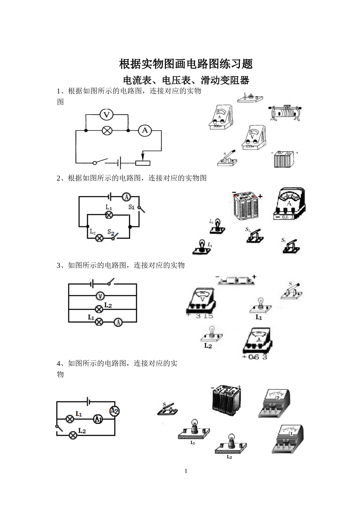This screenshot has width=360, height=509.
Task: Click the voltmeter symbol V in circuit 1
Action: tap(107, 114)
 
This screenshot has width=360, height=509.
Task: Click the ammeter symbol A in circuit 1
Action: tap(144, 131)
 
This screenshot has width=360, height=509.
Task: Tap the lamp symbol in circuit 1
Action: tap(107, 131)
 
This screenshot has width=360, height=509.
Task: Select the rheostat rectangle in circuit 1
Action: tap(143, 163)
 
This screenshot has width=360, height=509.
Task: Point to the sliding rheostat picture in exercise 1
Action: tap(286, 113)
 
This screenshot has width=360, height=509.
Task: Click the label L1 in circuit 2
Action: tap(108, 207)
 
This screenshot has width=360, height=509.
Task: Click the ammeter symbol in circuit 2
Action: tap(126, 197)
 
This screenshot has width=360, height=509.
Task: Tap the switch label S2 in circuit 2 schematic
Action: tap(111, 231)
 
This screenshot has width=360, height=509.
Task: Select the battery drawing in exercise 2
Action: tap(246, 207)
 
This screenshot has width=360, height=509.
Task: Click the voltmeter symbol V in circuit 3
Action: tap(100, 296)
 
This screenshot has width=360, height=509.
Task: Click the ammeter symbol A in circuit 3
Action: tap(118, 322)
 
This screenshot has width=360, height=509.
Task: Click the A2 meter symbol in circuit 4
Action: tap(114, 411)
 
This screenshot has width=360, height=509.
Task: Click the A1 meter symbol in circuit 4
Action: tap(98, 419)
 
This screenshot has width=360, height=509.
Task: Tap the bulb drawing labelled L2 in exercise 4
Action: tap(230, 445)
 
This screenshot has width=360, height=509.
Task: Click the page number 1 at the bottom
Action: tap(186, 471)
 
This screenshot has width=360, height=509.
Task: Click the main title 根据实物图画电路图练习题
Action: tap(186, 64)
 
